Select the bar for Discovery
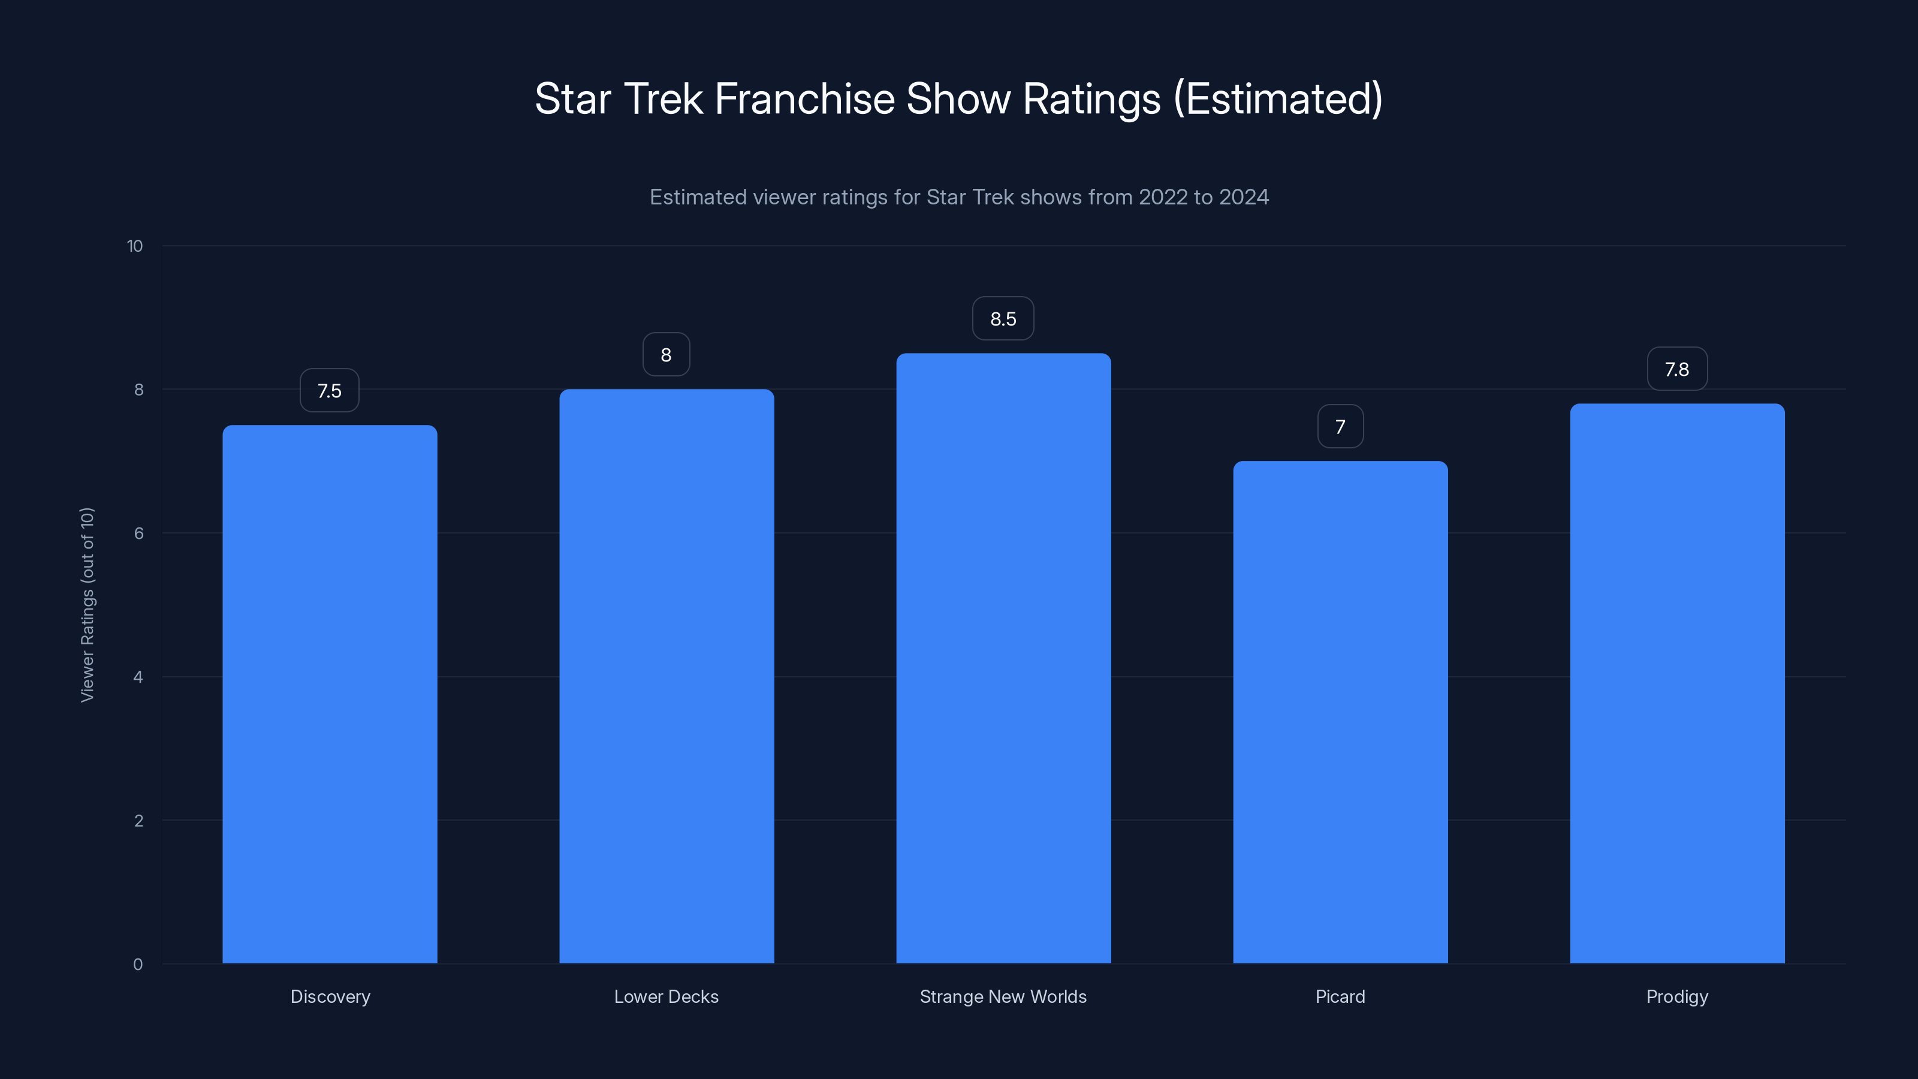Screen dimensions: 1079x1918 click(330, 694)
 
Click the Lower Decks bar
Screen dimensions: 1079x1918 click(667, 676)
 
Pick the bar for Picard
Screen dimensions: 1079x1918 click(1340, 712)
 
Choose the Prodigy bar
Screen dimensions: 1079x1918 click(1677, 683)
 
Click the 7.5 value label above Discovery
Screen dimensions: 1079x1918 click(330, 391)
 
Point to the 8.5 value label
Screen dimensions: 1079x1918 click(1003, 319)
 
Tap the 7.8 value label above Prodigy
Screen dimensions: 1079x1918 click(1677, 369)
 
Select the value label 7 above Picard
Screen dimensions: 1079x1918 click(1340, 427)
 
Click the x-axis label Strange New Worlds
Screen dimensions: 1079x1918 click(1003, 996)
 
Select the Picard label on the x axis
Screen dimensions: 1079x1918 click(1340, 996)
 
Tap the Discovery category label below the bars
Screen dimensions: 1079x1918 click(330, 996)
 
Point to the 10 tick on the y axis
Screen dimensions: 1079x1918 click(135, 246)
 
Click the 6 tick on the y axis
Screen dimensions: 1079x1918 click(138, 533)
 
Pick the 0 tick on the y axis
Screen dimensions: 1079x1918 click(138, 965)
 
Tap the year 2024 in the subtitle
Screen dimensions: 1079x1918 click(1244, 197)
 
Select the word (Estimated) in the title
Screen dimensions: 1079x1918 click(1278, 99)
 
